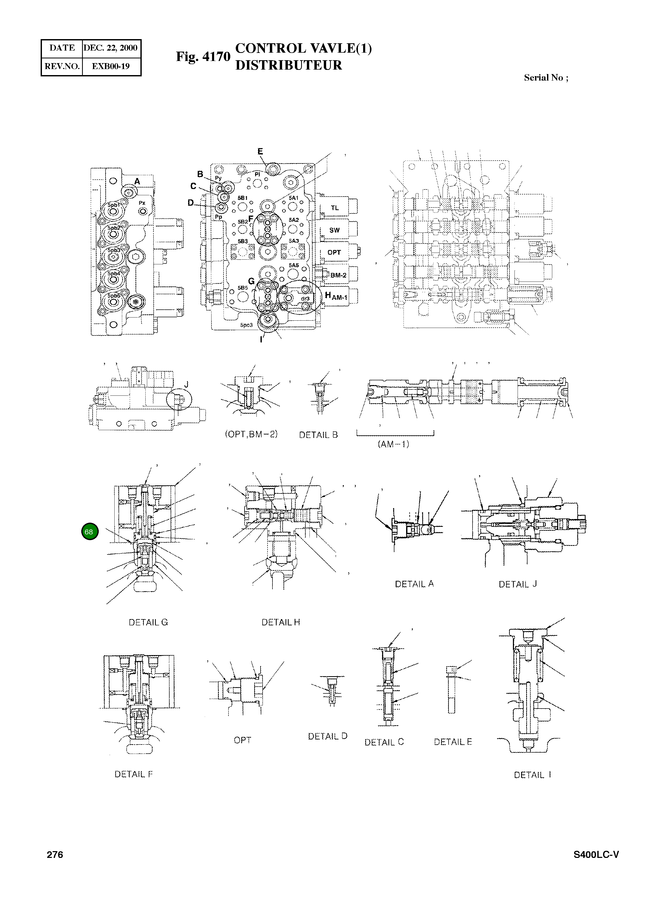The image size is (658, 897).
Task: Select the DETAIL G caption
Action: click(148, 623)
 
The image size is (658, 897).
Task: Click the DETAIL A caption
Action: click(414, 584)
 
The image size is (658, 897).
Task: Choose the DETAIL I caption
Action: click(532, 775)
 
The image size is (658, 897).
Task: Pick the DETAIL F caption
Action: click(133, 774)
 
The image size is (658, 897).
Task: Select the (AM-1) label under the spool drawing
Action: click(393, 444)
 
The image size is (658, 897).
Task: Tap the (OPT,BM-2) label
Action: click(251, 434)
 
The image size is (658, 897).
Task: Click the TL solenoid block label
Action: click(334, 208)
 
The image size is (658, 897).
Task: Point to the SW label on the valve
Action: click(334, 230)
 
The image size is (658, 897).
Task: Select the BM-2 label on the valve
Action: click(338, 275)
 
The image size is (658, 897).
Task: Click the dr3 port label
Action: click(305, 298)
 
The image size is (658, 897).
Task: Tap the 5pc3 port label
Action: click(246, 325)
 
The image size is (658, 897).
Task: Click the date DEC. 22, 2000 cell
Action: click(110, 48)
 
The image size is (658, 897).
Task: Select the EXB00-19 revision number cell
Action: click(110, 66)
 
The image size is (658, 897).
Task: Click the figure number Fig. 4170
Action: click(203, 57)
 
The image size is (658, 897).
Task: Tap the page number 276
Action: click(55, 855)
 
